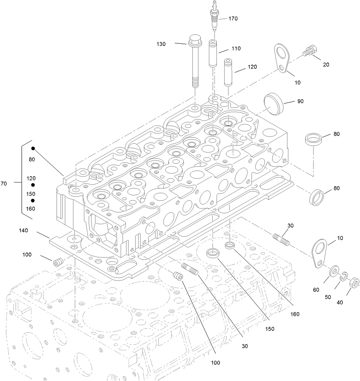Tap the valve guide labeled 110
(213, 53)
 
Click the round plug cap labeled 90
(273, 104)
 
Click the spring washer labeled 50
(344, 276)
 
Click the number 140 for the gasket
(24, 231)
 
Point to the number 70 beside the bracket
(4, 184)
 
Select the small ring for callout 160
(230, 245)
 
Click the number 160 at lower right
(294, 314)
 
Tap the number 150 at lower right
(270, 329)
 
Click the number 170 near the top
(233, 18)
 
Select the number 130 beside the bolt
(161, 44)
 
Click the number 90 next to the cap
(301, 101)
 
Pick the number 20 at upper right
(326, 65)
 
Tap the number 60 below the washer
(316, 290)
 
